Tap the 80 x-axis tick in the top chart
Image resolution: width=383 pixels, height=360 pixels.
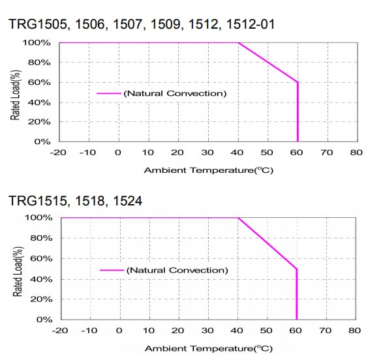[x=355, y=153]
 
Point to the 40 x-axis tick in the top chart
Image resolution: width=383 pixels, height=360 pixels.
[x=237, y=153]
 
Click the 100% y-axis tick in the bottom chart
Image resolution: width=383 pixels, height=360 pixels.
[x=38, y=218]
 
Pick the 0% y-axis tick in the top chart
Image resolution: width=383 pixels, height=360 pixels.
[x=42, y=142]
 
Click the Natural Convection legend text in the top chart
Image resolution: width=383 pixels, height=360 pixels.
[x=175, y=93]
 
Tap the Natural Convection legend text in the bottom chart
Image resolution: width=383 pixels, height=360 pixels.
[x=177, y=270]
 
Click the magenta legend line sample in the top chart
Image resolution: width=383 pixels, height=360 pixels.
[x=109, y=93]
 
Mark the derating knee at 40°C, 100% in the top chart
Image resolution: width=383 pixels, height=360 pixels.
[x=237, y=43]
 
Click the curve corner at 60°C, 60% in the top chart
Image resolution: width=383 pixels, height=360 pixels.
[x=298, y=82]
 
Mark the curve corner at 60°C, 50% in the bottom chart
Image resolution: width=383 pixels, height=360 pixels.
[x=298, y=269]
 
